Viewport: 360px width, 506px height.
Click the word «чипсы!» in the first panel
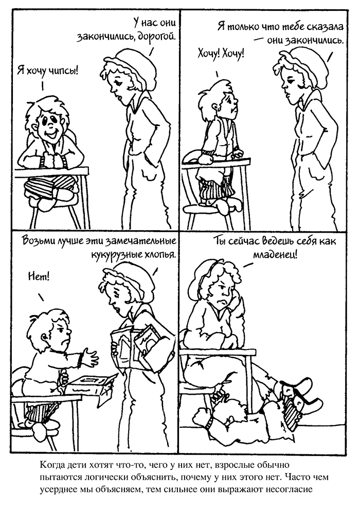(x=65, y=71)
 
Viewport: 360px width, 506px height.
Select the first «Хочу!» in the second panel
(x=208, y=54)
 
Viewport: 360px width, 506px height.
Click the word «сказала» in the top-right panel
(x=325, y=26)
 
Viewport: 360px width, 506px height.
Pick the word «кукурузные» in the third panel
(x=113, y=255)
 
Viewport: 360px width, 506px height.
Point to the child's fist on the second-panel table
(x=206, y=159)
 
